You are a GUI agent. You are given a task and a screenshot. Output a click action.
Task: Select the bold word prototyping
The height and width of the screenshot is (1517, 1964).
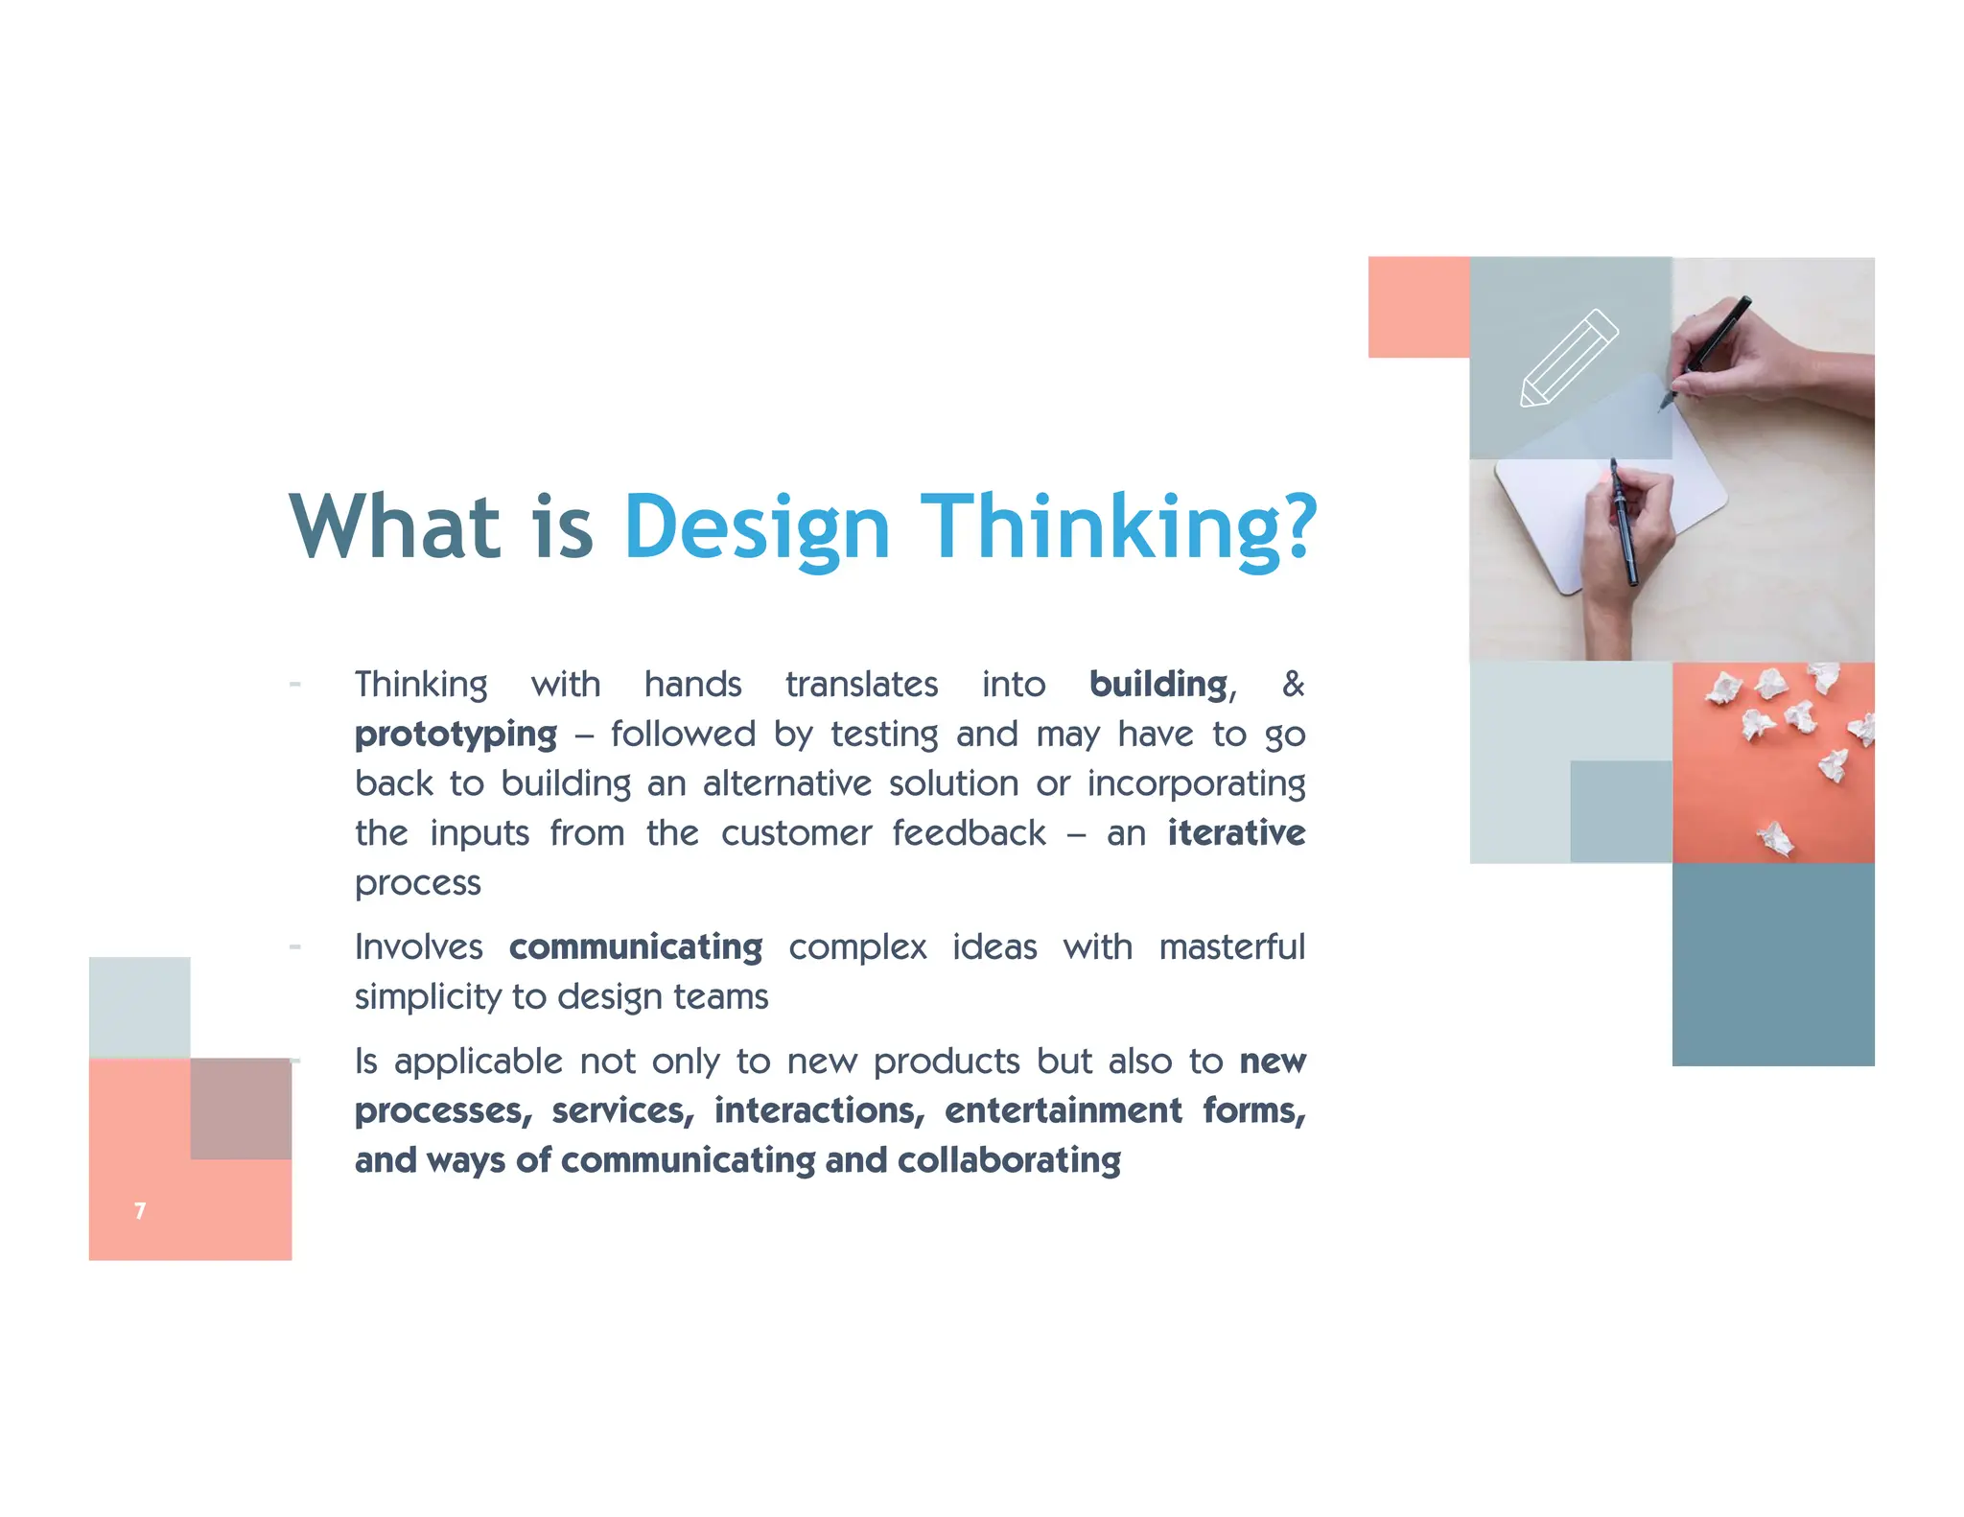coord(456,735)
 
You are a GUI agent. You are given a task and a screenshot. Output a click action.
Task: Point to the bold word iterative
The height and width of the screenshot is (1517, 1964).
coord(1235,832)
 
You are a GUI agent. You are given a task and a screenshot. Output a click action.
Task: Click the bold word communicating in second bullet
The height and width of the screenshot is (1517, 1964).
coord(636,947)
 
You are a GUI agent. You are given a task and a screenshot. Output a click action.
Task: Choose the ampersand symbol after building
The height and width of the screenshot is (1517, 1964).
coord(1293,684)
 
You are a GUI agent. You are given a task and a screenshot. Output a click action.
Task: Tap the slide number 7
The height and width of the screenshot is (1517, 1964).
coord(140,1211)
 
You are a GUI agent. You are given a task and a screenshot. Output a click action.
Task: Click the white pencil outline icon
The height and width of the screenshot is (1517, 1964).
coord(1569,359)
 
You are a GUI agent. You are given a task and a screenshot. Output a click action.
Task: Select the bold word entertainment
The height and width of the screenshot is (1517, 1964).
coord(1063,1110)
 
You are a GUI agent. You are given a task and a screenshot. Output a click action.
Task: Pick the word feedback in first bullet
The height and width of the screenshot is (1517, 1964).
coord(969,832)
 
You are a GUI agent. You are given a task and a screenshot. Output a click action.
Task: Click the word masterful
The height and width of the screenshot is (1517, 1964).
coord(1231,947)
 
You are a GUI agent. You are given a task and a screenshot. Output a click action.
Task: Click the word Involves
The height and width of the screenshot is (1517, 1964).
coord(419,947)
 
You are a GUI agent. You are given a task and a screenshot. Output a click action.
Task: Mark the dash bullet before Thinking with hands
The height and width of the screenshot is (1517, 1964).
coord(295,685)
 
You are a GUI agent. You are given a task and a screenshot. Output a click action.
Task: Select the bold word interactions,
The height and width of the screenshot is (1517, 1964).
coord(819,1110)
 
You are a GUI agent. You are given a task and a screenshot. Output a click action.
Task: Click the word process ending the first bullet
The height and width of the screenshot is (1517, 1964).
coord(417,883)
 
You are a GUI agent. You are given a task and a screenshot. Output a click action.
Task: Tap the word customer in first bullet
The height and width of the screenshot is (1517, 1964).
coord(796,832)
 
